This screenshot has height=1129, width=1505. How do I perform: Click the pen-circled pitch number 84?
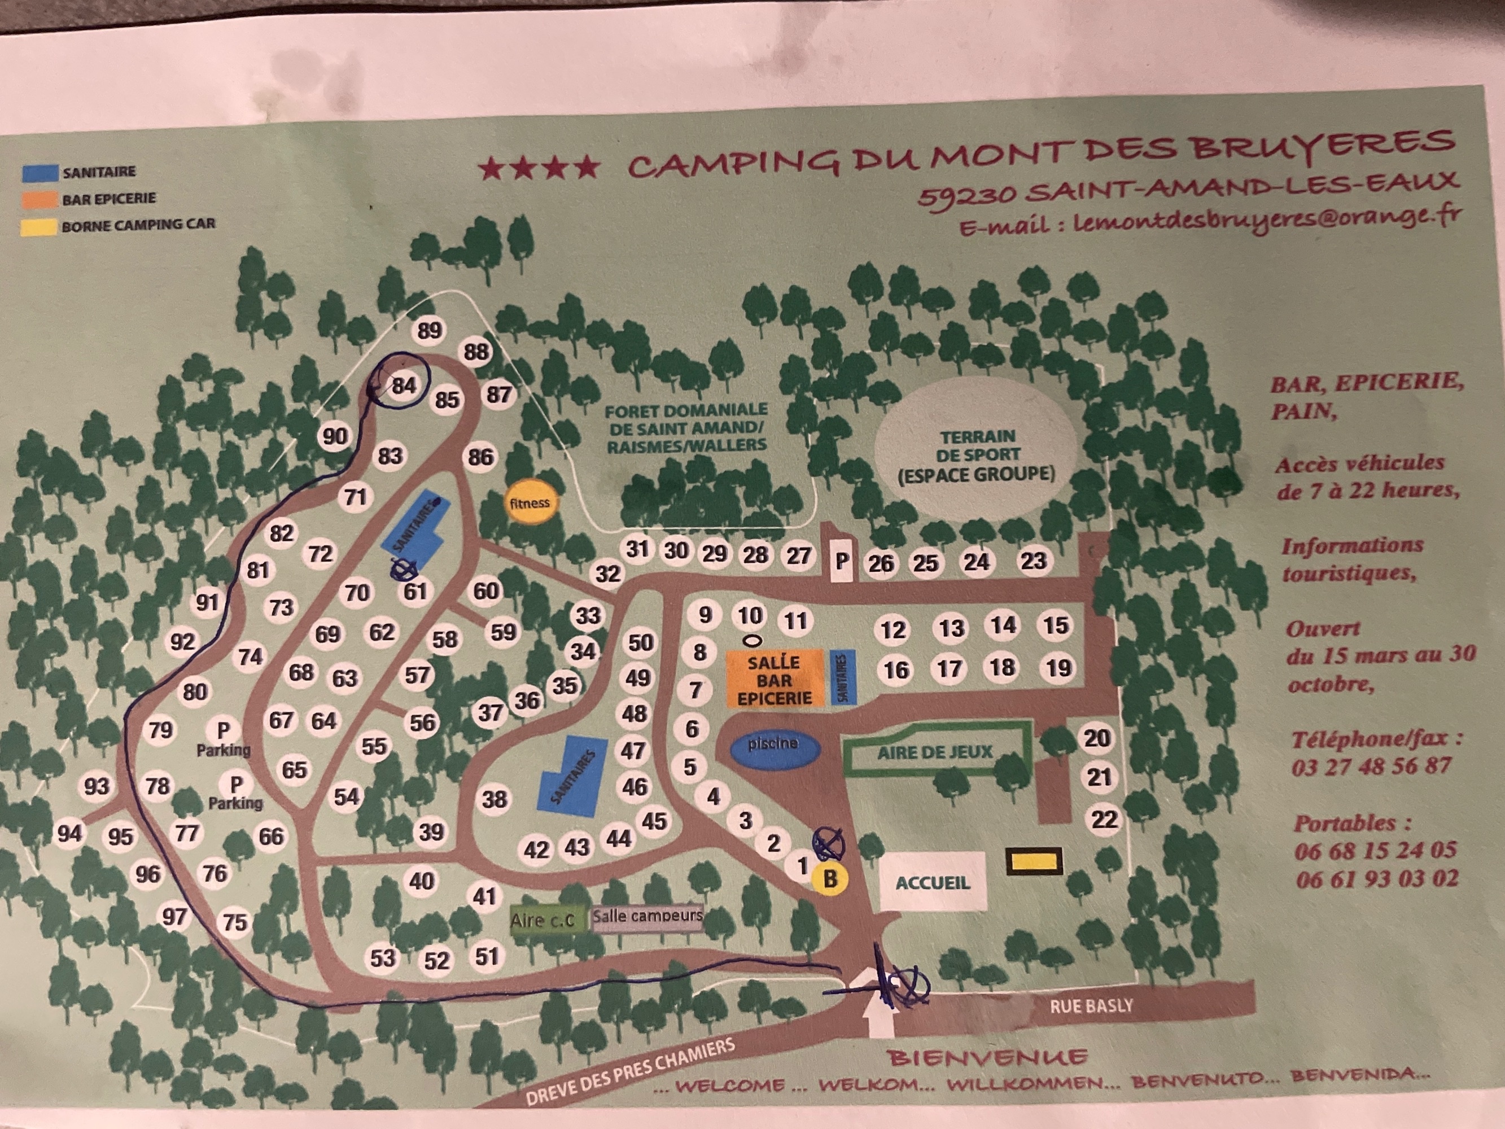point(403,385)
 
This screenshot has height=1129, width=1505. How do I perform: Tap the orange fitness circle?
point(530,503)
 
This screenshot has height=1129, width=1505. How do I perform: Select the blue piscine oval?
point(773,745)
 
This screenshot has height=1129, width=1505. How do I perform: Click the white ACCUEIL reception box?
point(932,881)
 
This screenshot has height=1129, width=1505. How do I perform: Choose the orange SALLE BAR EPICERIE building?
point(775,680)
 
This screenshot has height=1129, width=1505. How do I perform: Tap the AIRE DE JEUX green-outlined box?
point(935,752)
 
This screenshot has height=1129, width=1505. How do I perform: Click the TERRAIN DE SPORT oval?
point(977,454)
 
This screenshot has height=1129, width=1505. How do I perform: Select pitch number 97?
point(174,916)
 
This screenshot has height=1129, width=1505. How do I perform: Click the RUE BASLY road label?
point(1091,1006)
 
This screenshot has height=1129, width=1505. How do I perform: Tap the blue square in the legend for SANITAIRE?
point(40,172)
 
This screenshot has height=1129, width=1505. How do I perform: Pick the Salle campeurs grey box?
point(647,916)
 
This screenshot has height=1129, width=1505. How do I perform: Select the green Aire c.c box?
point(542,920)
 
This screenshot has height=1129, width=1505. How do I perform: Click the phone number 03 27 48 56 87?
point(1372,766)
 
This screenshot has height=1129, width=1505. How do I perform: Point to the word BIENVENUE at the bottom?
point(987,1057)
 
